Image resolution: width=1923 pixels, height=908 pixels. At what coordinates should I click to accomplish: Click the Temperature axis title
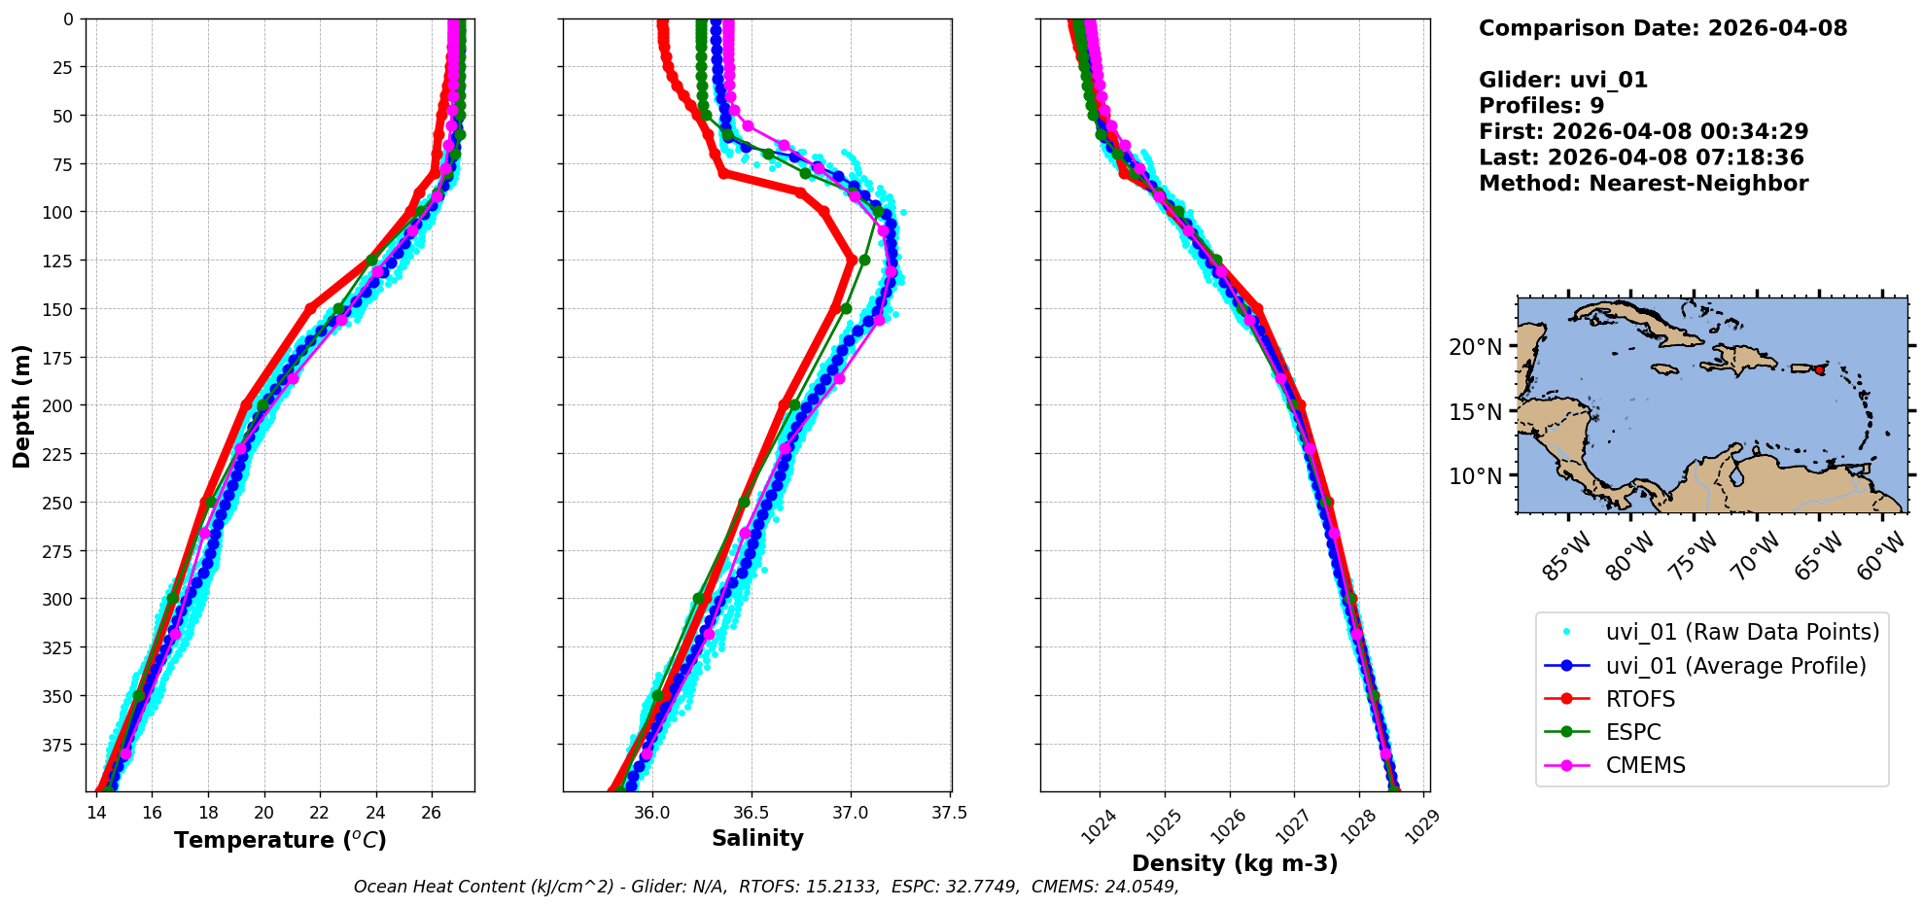280,840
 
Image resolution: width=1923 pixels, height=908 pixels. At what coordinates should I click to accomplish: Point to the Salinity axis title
757,838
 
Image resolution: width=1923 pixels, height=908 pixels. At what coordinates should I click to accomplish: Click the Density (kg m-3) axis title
1235,863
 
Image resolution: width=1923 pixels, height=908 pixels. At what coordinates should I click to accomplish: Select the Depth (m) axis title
21,405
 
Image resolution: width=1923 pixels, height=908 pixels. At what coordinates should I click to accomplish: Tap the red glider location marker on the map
1819,369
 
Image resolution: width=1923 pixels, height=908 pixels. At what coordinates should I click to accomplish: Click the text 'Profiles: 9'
1541,106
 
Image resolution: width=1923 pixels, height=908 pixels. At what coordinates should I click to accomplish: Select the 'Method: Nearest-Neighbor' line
1643,184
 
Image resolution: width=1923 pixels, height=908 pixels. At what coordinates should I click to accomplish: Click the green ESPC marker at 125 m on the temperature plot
371,261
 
